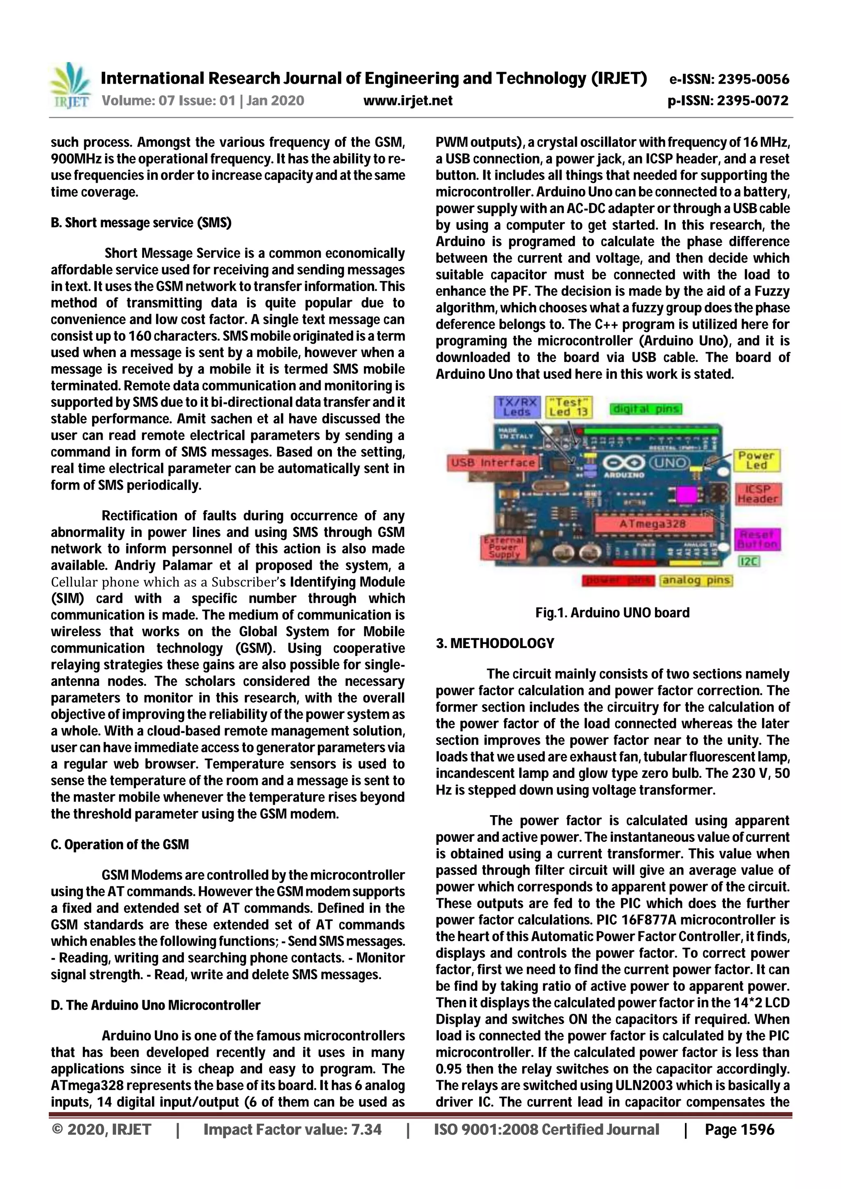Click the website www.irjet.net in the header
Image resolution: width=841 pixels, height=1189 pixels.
pyautogui.click(x=407, y=101)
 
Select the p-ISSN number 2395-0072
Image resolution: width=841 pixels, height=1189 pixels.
pyautogui.click(x=728, y=101)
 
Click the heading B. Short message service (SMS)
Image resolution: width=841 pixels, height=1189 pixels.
pyautogui.click(x=141, y=223)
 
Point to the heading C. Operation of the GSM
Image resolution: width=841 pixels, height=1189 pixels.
pyautogui.click(x=119, y=845)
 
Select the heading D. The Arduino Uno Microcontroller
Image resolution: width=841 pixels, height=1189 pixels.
pyautogui.click(x=156, y=1005)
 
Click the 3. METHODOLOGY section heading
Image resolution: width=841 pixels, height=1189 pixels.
pyautogui.click(x=495, y=643)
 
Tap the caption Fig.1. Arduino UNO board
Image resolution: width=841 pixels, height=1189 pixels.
pyautogui.click(x=613, y=613)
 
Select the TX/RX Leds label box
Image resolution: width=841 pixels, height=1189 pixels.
pyautogui.click(x=517, y=407)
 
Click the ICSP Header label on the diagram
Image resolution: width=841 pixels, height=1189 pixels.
pyautogui.click(x=758, y=494)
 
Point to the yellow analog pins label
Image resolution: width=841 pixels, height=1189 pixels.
pyautogui.click(x=696, y=580)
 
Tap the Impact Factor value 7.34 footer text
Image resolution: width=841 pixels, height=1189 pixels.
pyautogui.click(x=292, y=1129)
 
